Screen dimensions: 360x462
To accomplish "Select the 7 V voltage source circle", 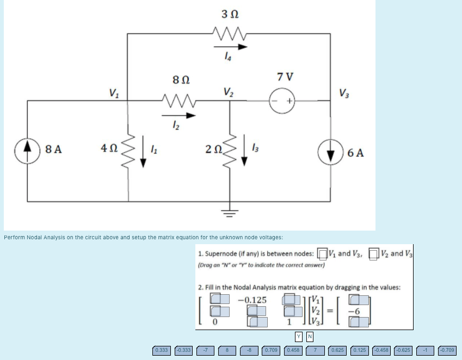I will pyautogui.click(x=283, y=101).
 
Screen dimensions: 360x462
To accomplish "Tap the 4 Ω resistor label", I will pyautogui.click(x=108, y=148).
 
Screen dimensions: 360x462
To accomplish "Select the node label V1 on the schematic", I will pyautogui.click(x=113, y=92).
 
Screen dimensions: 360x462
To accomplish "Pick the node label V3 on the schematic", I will pyautogui.click(x=344, y=92).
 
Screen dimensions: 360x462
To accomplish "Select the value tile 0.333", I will pyautogui.click(x=162, y=350).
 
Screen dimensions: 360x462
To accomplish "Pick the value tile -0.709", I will pyautogui.click(x=447, y=350).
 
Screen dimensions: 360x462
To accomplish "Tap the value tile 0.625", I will pyautogui.click(x=338, y=350).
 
